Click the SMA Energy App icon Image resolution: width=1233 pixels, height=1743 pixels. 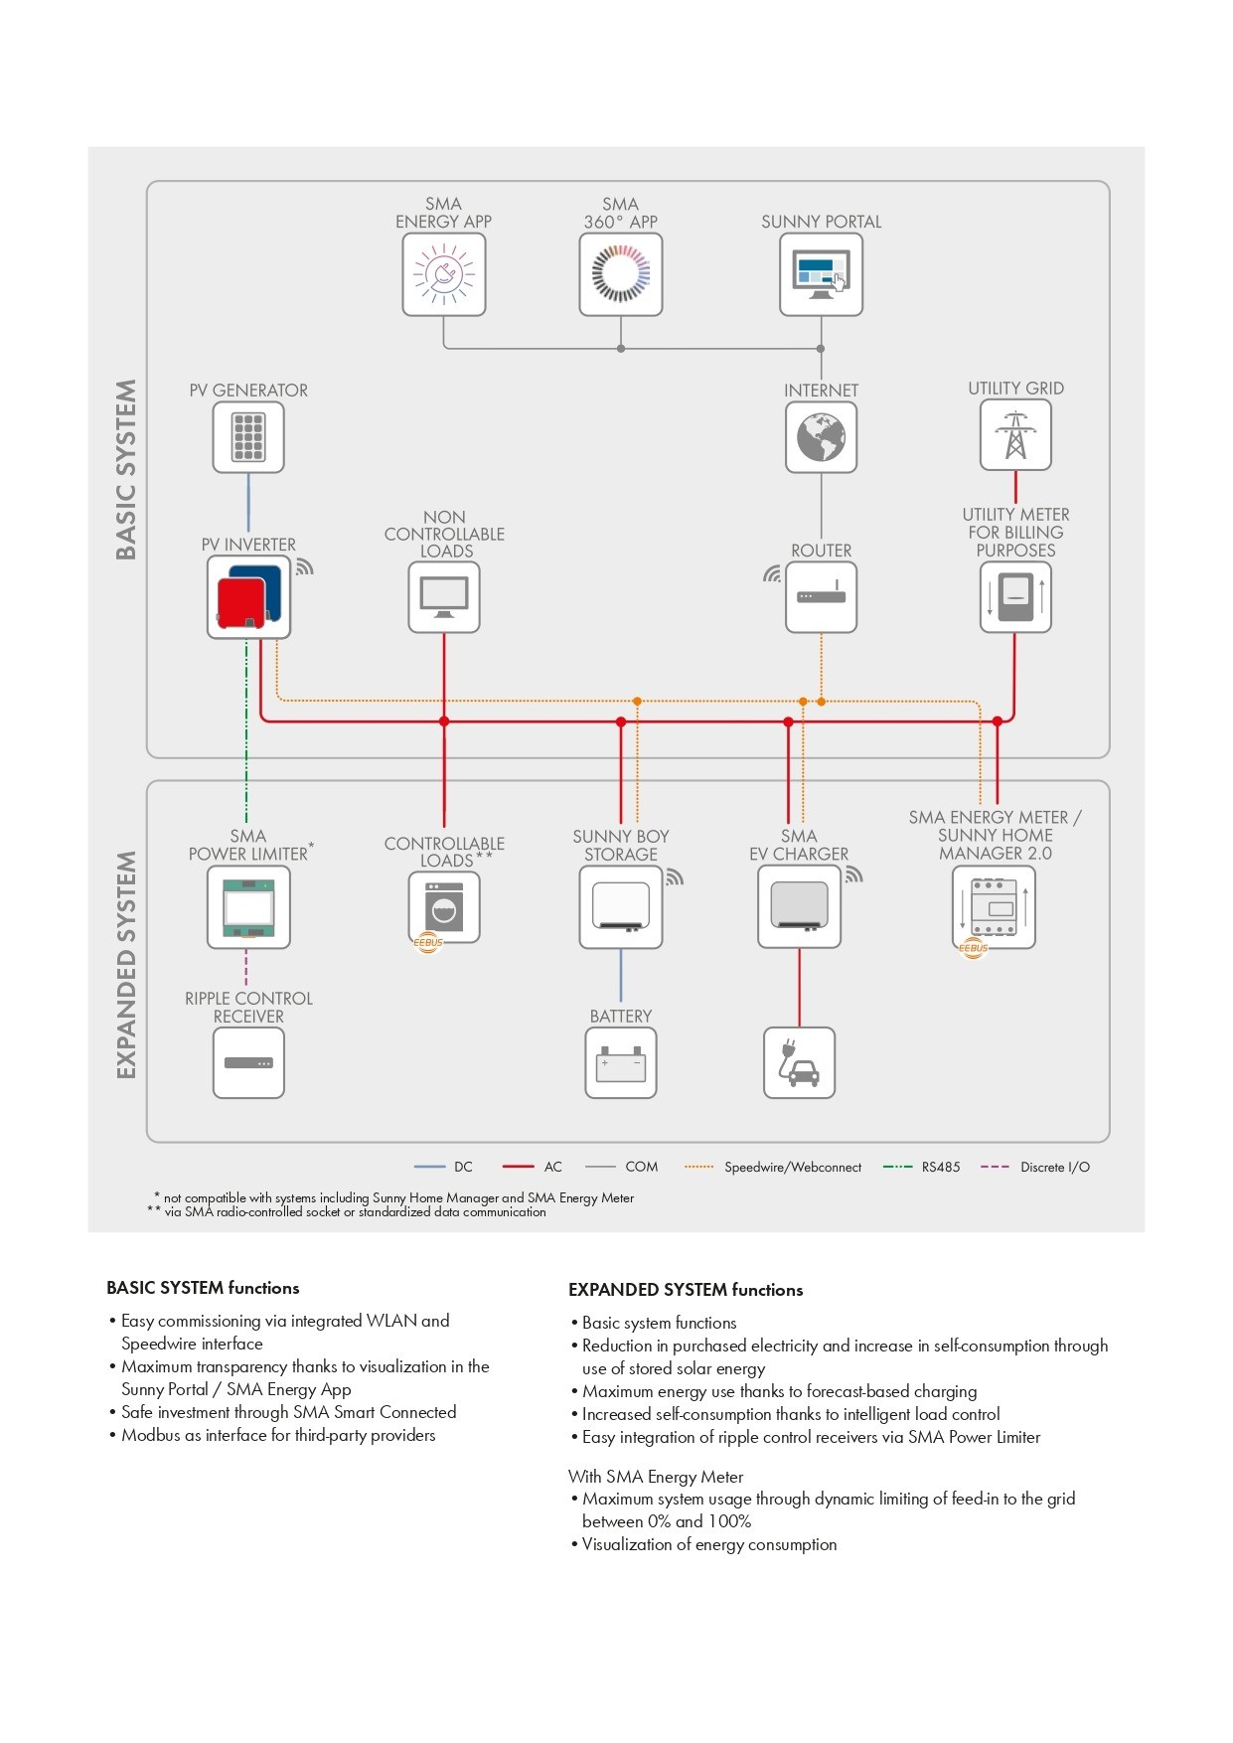(444, 274)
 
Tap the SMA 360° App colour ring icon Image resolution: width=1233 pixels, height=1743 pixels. (621, 274)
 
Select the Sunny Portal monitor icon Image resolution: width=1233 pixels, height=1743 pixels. (821, 274)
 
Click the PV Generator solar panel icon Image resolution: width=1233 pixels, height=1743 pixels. (248, 437)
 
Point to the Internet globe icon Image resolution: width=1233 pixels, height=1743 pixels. (821, 437)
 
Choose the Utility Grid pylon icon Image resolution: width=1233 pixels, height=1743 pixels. (1015, 435)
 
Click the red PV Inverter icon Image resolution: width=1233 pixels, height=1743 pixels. (248, 596)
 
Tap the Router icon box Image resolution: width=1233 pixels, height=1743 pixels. (821, 597)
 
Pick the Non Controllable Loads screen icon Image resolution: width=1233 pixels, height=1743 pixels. (444, 597)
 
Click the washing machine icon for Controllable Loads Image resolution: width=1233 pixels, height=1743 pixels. (444, 907)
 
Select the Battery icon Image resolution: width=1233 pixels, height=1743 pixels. (621, 1062)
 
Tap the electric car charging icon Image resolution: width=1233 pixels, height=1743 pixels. (799, 1062)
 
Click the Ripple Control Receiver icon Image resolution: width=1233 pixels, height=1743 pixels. (248, 1062)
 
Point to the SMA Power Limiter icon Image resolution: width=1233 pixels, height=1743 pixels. (248, 907)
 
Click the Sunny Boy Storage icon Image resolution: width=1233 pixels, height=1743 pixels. (621, 907)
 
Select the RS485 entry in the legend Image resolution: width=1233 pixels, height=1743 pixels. (921, 1167)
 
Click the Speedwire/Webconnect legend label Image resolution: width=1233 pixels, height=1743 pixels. (793, 1167)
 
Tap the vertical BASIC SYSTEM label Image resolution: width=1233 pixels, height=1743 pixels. (126, 469)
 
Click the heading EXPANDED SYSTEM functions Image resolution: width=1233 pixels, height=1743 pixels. (686, 1290)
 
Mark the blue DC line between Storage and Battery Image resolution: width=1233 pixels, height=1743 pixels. (621, 976)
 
